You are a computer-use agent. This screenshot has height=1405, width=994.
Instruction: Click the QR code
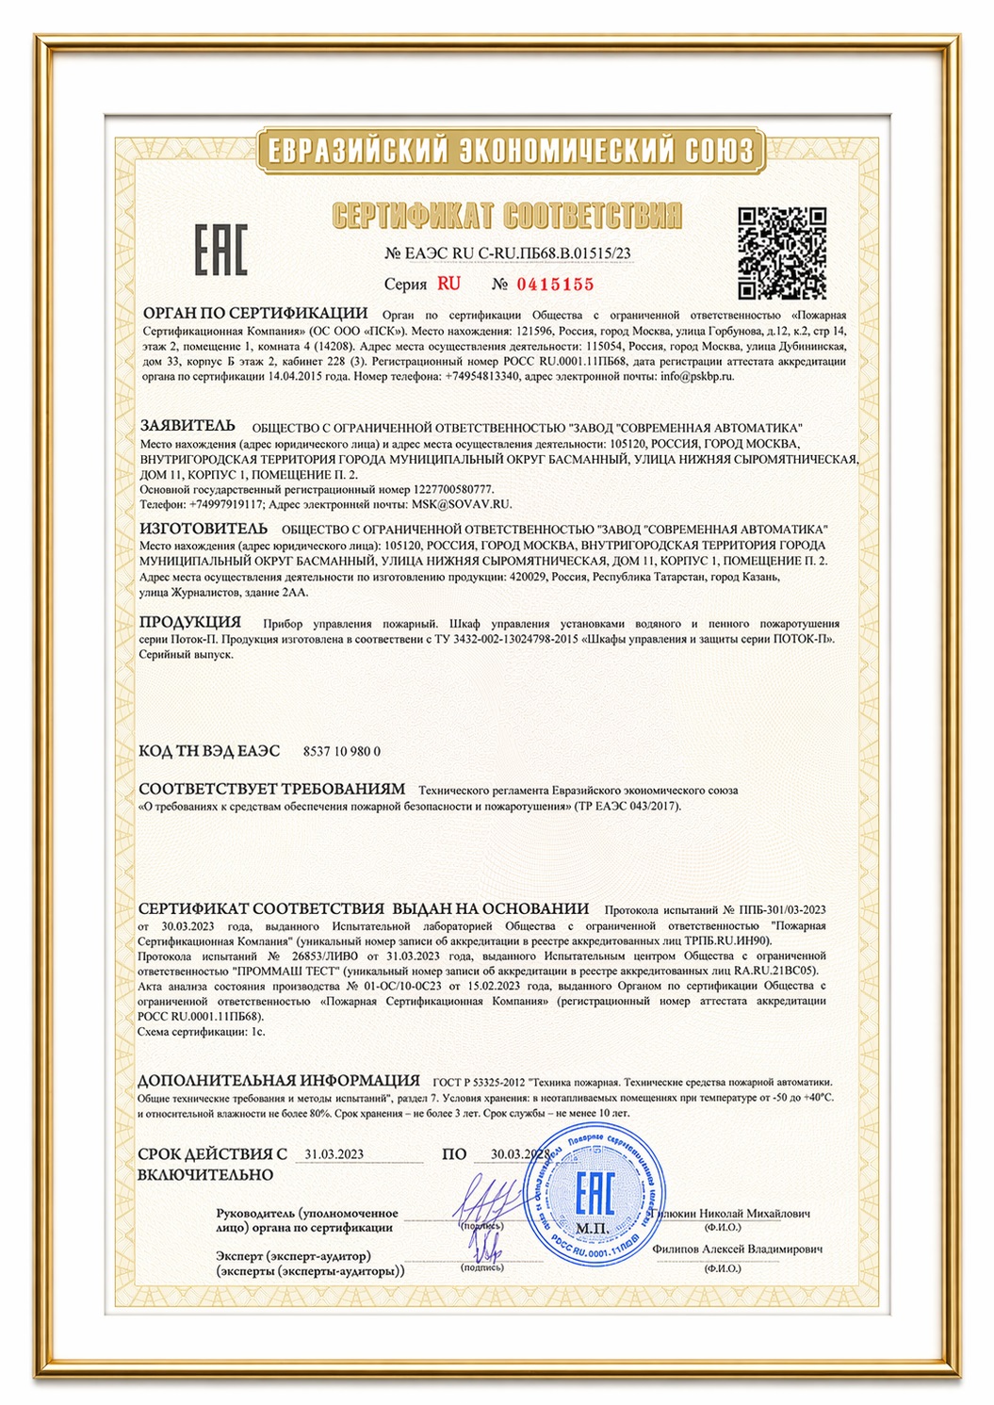781,253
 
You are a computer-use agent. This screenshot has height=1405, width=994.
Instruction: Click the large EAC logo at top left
221,251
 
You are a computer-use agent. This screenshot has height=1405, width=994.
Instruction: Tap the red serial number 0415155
554,285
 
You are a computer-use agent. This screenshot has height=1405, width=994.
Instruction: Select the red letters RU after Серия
448,284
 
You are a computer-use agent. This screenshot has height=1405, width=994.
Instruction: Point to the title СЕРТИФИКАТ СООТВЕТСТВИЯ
507,217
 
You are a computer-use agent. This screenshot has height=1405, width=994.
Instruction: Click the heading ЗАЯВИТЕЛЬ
187,426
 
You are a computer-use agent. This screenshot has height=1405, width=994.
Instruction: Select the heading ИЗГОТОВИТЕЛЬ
203,529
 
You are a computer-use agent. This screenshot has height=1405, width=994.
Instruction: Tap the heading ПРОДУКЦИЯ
189,622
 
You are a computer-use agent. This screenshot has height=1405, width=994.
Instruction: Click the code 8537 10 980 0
342,751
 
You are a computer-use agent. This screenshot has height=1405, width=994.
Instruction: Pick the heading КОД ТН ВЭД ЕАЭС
209,751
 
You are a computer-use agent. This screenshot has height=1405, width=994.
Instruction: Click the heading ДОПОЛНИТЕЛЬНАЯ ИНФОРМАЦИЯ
279,1081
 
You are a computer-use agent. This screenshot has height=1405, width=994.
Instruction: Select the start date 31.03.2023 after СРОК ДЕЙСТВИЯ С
334,1154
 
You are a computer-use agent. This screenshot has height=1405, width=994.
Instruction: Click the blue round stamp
595,1196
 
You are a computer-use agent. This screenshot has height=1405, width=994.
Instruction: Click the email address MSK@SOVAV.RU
461,504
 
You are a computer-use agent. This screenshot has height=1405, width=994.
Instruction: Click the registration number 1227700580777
453,489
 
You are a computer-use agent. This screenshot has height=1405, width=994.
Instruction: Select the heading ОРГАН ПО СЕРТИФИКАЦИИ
254,313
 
